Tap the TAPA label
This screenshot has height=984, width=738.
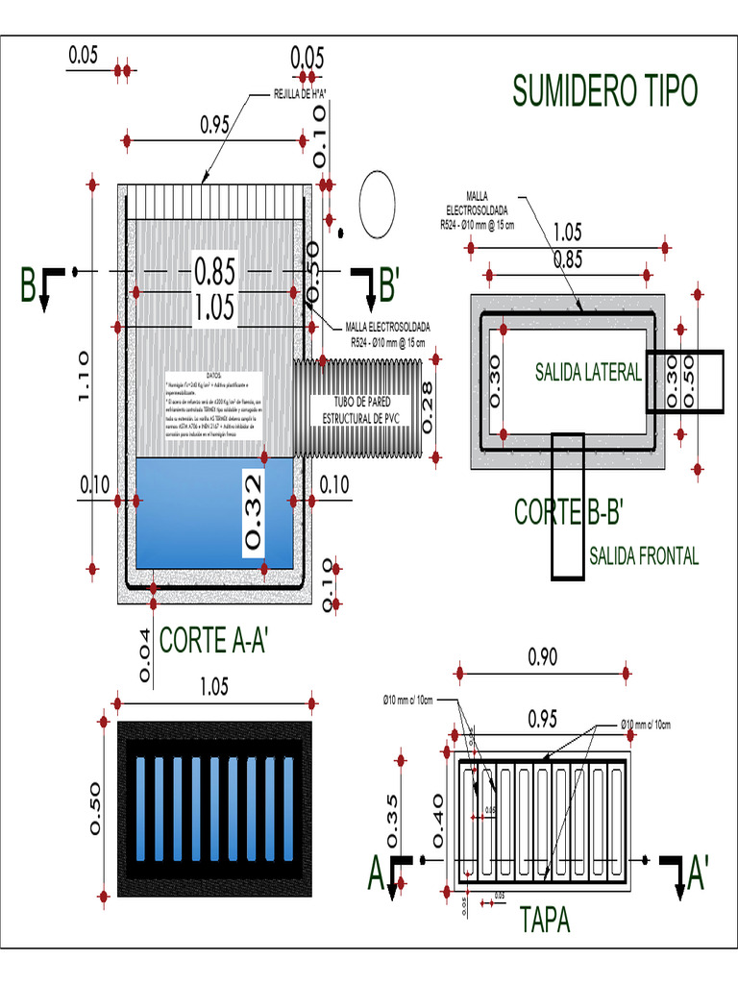pos(545,920)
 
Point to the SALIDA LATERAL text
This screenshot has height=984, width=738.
pos(587,374)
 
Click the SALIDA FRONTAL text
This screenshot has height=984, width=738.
pos(643,555)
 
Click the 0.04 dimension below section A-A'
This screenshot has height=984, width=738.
pos(144,656)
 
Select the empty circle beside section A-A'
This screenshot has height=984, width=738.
pos(377,204)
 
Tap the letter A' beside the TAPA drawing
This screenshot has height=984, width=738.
pos(698,873)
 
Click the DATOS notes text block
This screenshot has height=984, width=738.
pos(213,406)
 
